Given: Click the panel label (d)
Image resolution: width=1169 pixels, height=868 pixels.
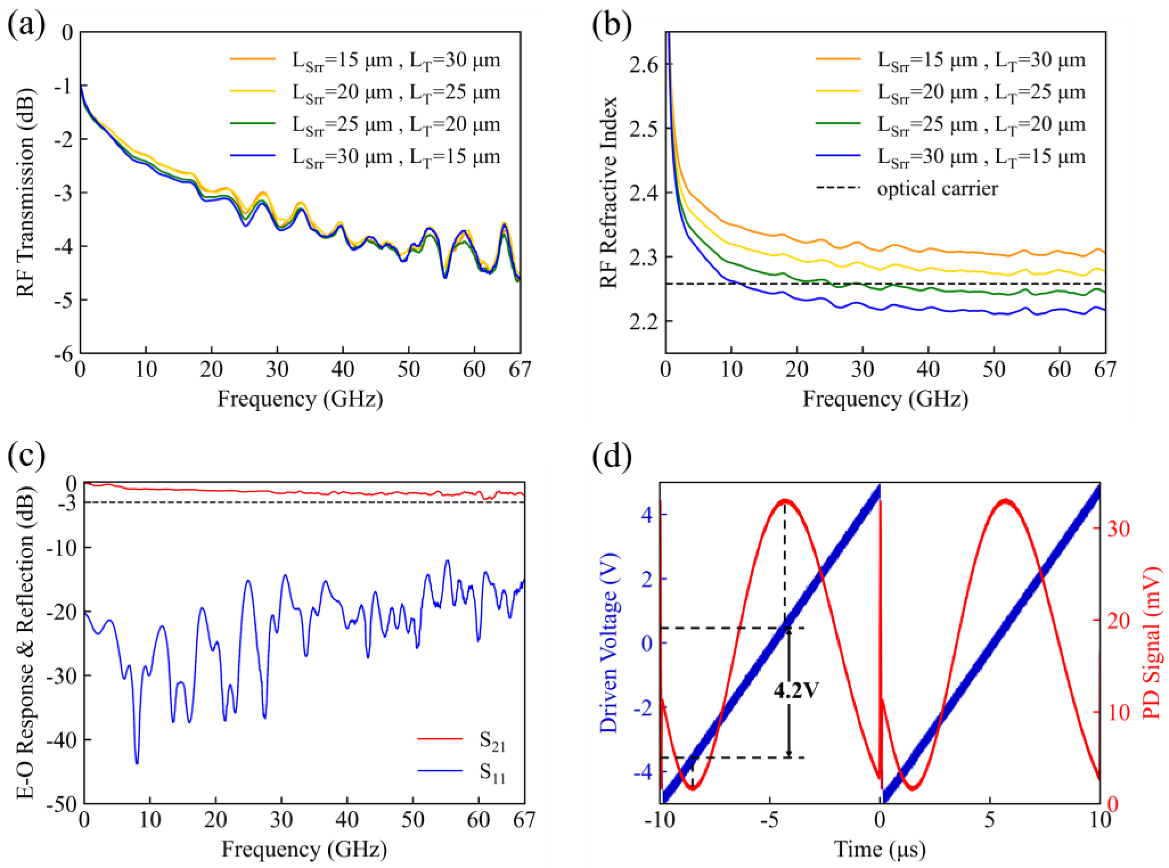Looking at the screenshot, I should pos(611,456).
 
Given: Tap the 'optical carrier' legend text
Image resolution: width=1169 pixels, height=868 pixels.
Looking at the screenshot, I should pos(937,188).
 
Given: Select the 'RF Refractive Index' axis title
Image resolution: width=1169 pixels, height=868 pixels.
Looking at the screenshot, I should pos(609,192).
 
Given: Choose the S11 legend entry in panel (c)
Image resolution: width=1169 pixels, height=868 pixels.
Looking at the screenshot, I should pos(492,772).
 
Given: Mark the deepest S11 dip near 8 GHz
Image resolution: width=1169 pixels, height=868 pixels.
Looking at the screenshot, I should pos(137,763).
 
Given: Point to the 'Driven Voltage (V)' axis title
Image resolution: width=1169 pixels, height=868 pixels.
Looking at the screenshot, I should pos(609,642).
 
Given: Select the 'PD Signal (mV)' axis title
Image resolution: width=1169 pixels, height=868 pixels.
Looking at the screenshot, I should pos(1152,642).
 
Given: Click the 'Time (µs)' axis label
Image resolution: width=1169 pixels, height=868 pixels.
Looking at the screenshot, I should pos(880,849).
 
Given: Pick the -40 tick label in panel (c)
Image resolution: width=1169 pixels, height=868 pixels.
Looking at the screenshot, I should pos(61,740).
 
